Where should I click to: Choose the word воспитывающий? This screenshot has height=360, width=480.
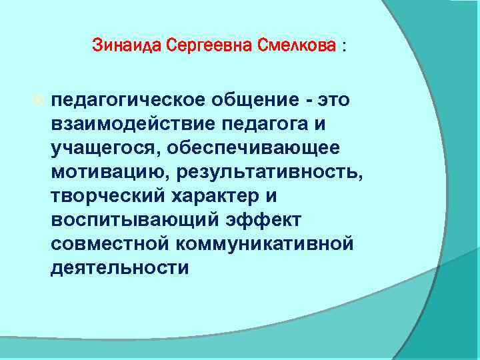[x=124, y=220]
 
